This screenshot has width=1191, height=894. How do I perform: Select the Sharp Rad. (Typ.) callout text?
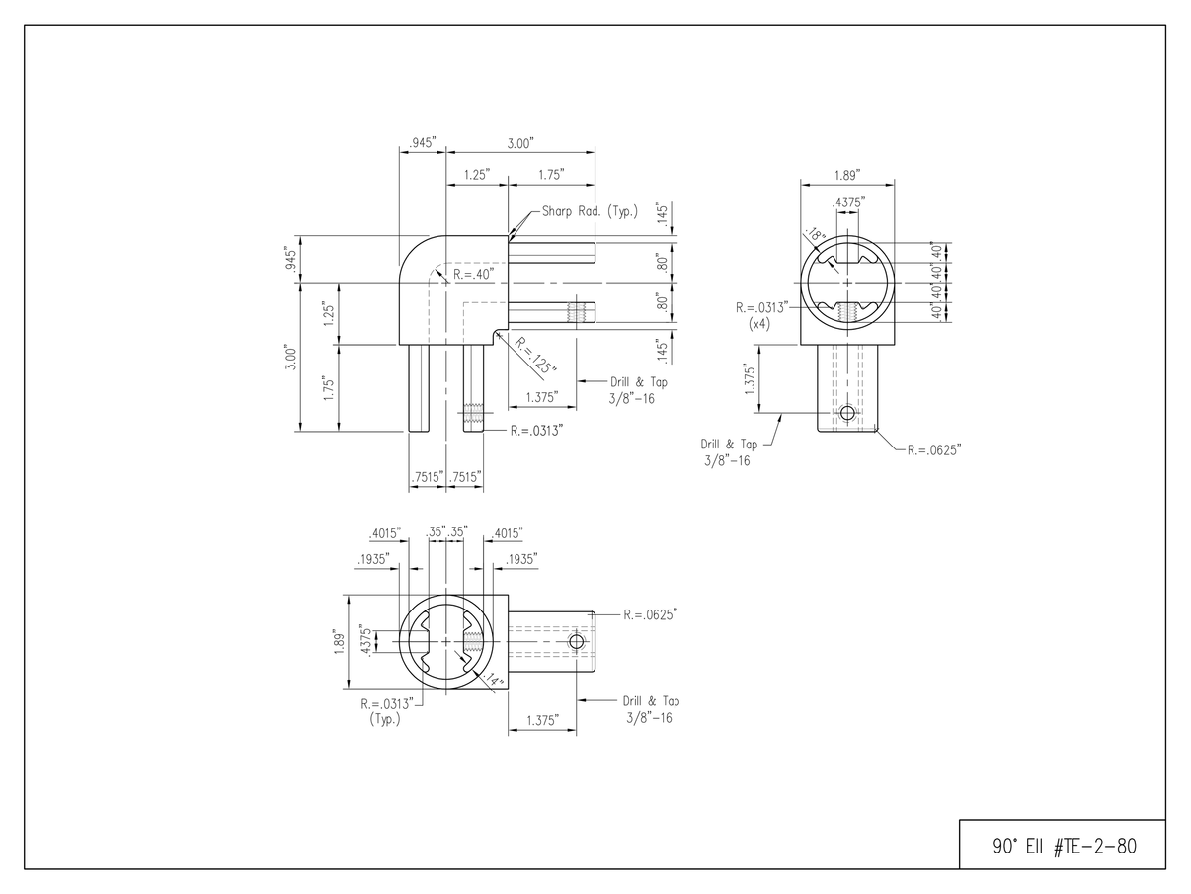[590, 211]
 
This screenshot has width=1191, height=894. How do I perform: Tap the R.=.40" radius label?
[472, 273]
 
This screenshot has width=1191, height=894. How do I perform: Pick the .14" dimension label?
[493, 679]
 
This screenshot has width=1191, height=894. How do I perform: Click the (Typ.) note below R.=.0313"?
[383, 719]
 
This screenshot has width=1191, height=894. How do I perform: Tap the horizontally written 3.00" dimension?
[520, 143]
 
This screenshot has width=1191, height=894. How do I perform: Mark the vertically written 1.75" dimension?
[330, 387]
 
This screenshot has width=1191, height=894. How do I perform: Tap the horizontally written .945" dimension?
[422, 143]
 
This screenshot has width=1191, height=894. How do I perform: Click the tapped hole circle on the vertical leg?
[846, 412]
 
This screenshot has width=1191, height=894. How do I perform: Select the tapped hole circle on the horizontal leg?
[577, 642]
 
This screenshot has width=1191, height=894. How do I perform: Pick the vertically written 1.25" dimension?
[330, 314]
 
